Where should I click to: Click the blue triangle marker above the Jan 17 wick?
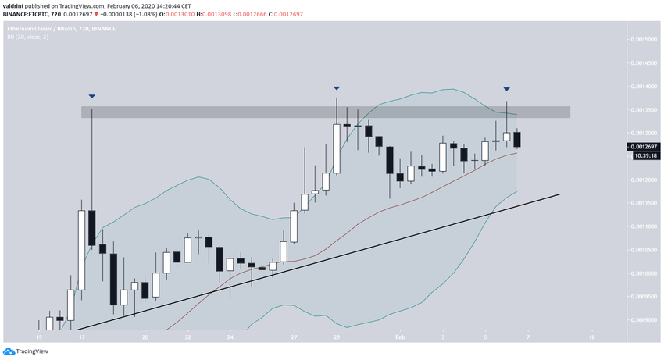pyautogui.click(x=92, y=97)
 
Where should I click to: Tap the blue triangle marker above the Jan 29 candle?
pyautogui.click(x=337, y=88)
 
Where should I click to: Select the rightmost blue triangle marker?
pyautogui.click(x=507, y=90)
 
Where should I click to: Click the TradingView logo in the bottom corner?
pyautogui.click(x=27, y=351)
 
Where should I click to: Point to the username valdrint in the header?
pyautogui.click(x=14, y=5)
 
